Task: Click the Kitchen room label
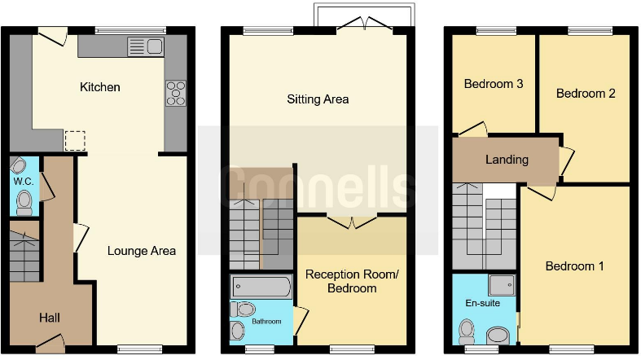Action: pyautogui.click(x=99, y=87)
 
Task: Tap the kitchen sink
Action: pyautogui.click(x=146, y=46)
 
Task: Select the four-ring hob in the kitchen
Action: pyautogui.click(x=176, y=93)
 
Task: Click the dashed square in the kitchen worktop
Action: pyautogui.click(x=75, y=141)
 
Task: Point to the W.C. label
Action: pyautogui.click(x=24, y=182)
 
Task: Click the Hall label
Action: pyautogui.click(x=50, y=318)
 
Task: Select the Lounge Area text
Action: pyautogui.click(x=142, y=251)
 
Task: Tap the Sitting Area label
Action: pyautogui.click(x=318, y=99)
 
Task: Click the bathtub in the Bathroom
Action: pyautogui.click(x=261, y=286)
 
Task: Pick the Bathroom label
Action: pyautogui.click(x=266, y=322)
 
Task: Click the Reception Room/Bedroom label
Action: pyautogui.click(x=352, y=281)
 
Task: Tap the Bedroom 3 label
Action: pyautogui.click(x=494, y=84)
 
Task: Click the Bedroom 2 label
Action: pyautogui.click(x=586, y=94)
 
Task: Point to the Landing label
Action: pyautogui.click(x=507, y=160)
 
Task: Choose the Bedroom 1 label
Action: pyautogui.click(x=574, y=266)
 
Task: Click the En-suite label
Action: pyautogui.click(x=482, y=303)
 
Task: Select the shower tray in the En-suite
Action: pyautogui.click(x=502, y=284)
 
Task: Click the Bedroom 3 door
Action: pyautogui.click(x=473, y=129)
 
